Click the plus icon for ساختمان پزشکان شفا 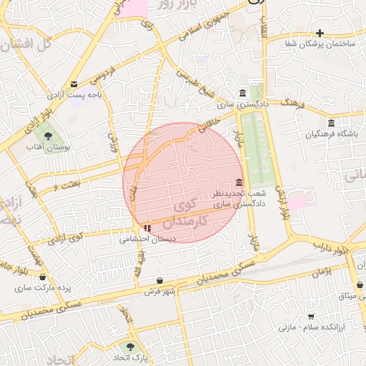(x=320, y=33)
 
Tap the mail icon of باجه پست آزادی (x=74, y=84)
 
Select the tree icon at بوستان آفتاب (x=49, y=134)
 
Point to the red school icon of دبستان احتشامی (x=147, y=229)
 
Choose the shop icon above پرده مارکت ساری (x=41, y=277)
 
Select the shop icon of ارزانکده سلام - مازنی (x=311, y=315)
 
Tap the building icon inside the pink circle (x=239, y=182)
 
